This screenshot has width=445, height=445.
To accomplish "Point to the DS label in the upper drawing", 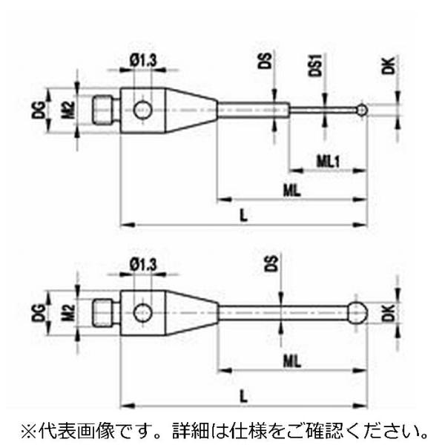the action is tap(268, 62).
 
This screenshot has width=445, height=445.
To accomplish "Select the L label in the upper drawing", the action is tap(244, 212).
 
